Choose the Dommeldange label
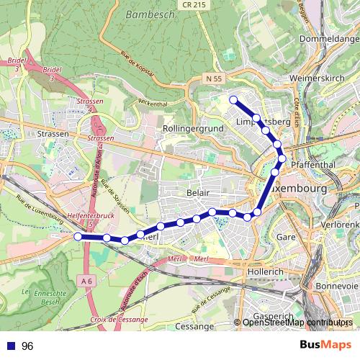click(328, 38)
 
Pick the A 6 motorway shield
click(88, 280)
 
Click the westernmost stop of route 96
click(78, 235)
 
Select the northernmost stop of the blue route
click(233, 100)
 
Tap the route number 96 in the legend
click(27, 346)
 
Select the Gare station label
click(287, 236)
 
